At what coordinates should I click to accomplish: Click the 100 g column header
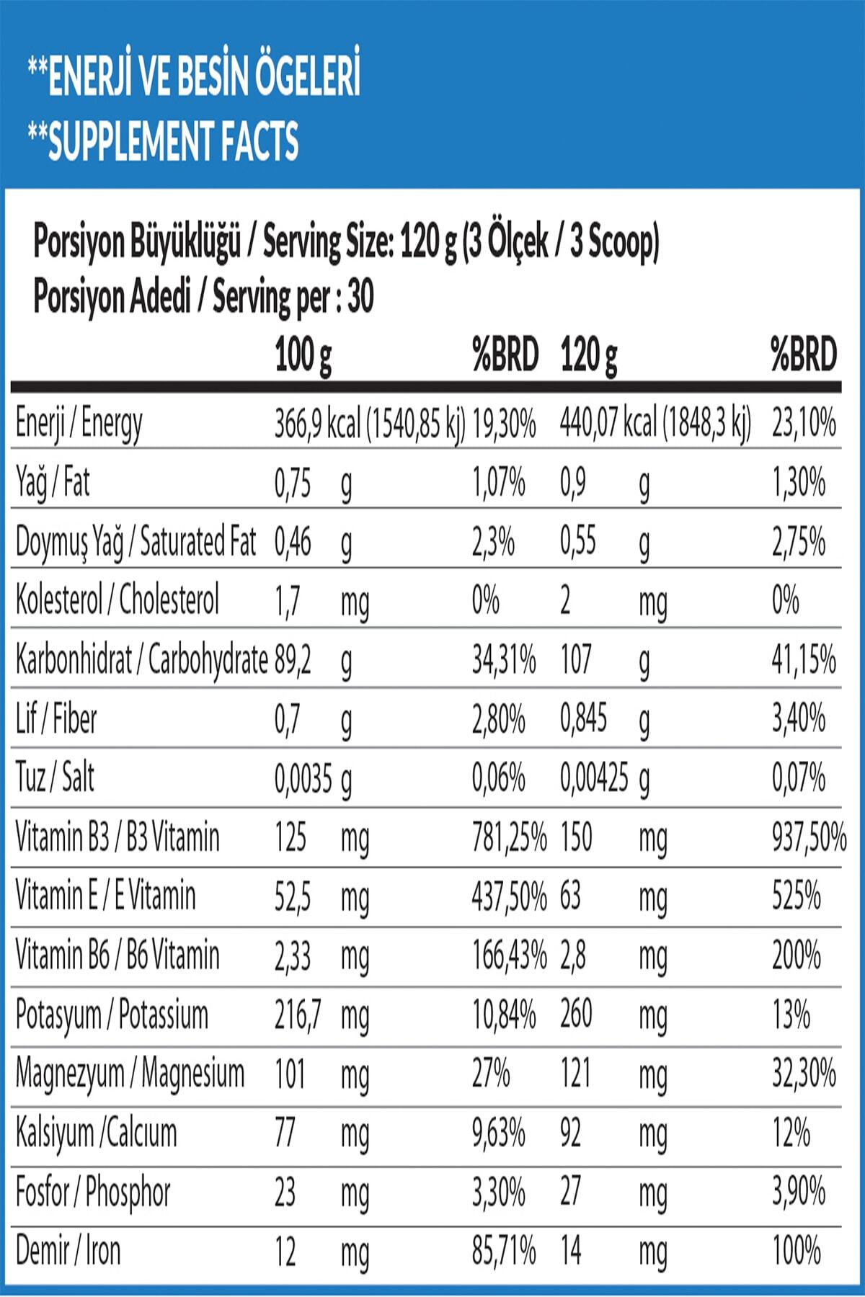point(303,355)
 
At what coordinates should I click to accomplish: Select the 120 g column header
point(589,355)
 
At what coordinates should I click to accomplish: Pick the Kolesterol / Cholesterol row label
point(117,600)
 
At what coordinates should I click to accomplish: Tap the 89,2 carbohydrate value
point(293,660)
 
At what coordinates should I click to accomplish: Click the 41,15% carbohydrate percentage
point(804,660)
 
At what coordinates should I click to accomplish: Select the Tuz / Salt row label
point(55,778)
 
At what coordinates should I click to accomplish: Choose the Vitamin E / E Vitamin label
point(105,896)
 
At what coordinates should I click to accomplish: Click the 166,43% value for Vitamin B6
point(509,956)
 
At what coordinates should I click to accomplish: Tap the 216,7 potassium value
point(298,1015)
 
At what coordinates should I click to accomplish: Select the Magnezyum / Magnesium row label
point(130,1074)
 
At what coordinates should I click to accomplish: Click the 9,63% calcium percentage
point(498,1133)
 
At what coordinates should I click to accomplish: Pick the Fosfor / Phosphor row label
point(93,1193)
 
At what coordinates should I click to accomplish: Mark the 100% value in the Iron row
point(796,1251)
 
